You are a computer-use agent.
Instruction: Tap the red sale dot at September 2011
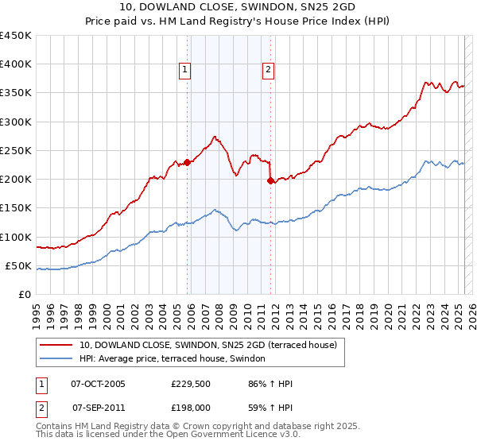click(271, 180)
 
